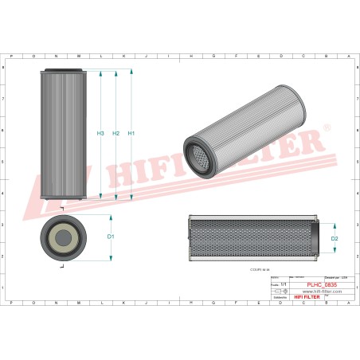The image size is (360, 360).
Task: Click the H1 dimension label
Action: pyautogui.click(x=131, y=133)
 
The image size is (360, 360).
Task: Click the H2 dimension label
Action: pyautogui.click(x=116, y=133)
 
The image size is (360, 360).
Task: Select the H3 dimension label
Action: pyautogui.click(x=100, y=133)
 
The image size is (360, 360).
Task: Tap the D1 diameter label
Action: pyautogui.click(x=112, y=237)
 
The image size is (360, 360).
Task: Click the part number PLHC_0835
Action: pyautogui.click(x=321, y=284)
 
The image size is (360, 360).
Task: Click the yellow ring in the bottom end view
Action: pyautogui.click(x=63, y=236)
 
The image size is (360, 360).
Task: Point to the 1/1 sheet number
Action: pyautogui.click(x=280, y=284)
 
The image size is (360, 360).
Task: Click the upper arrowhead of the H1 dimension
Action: pyautogui.click(x=131, y=72)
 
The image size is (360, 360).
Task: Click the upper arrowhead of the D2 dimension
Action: pyautogui.click(x=323, y=222)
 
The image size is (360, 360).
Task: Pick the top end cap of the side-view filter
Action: pyautogui.click(x=63, y=72)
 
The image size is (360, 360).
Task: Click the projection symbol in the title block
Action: pyautogui.click(x=277, y=292)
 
